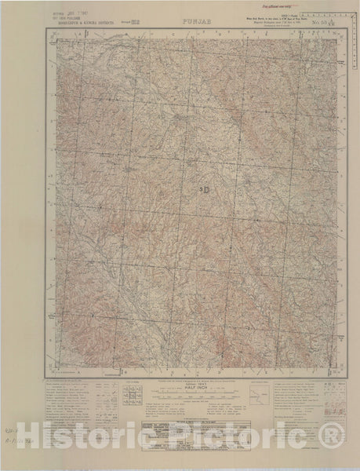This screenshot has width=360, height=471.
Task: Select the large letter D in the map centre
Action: pos(205,189)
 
